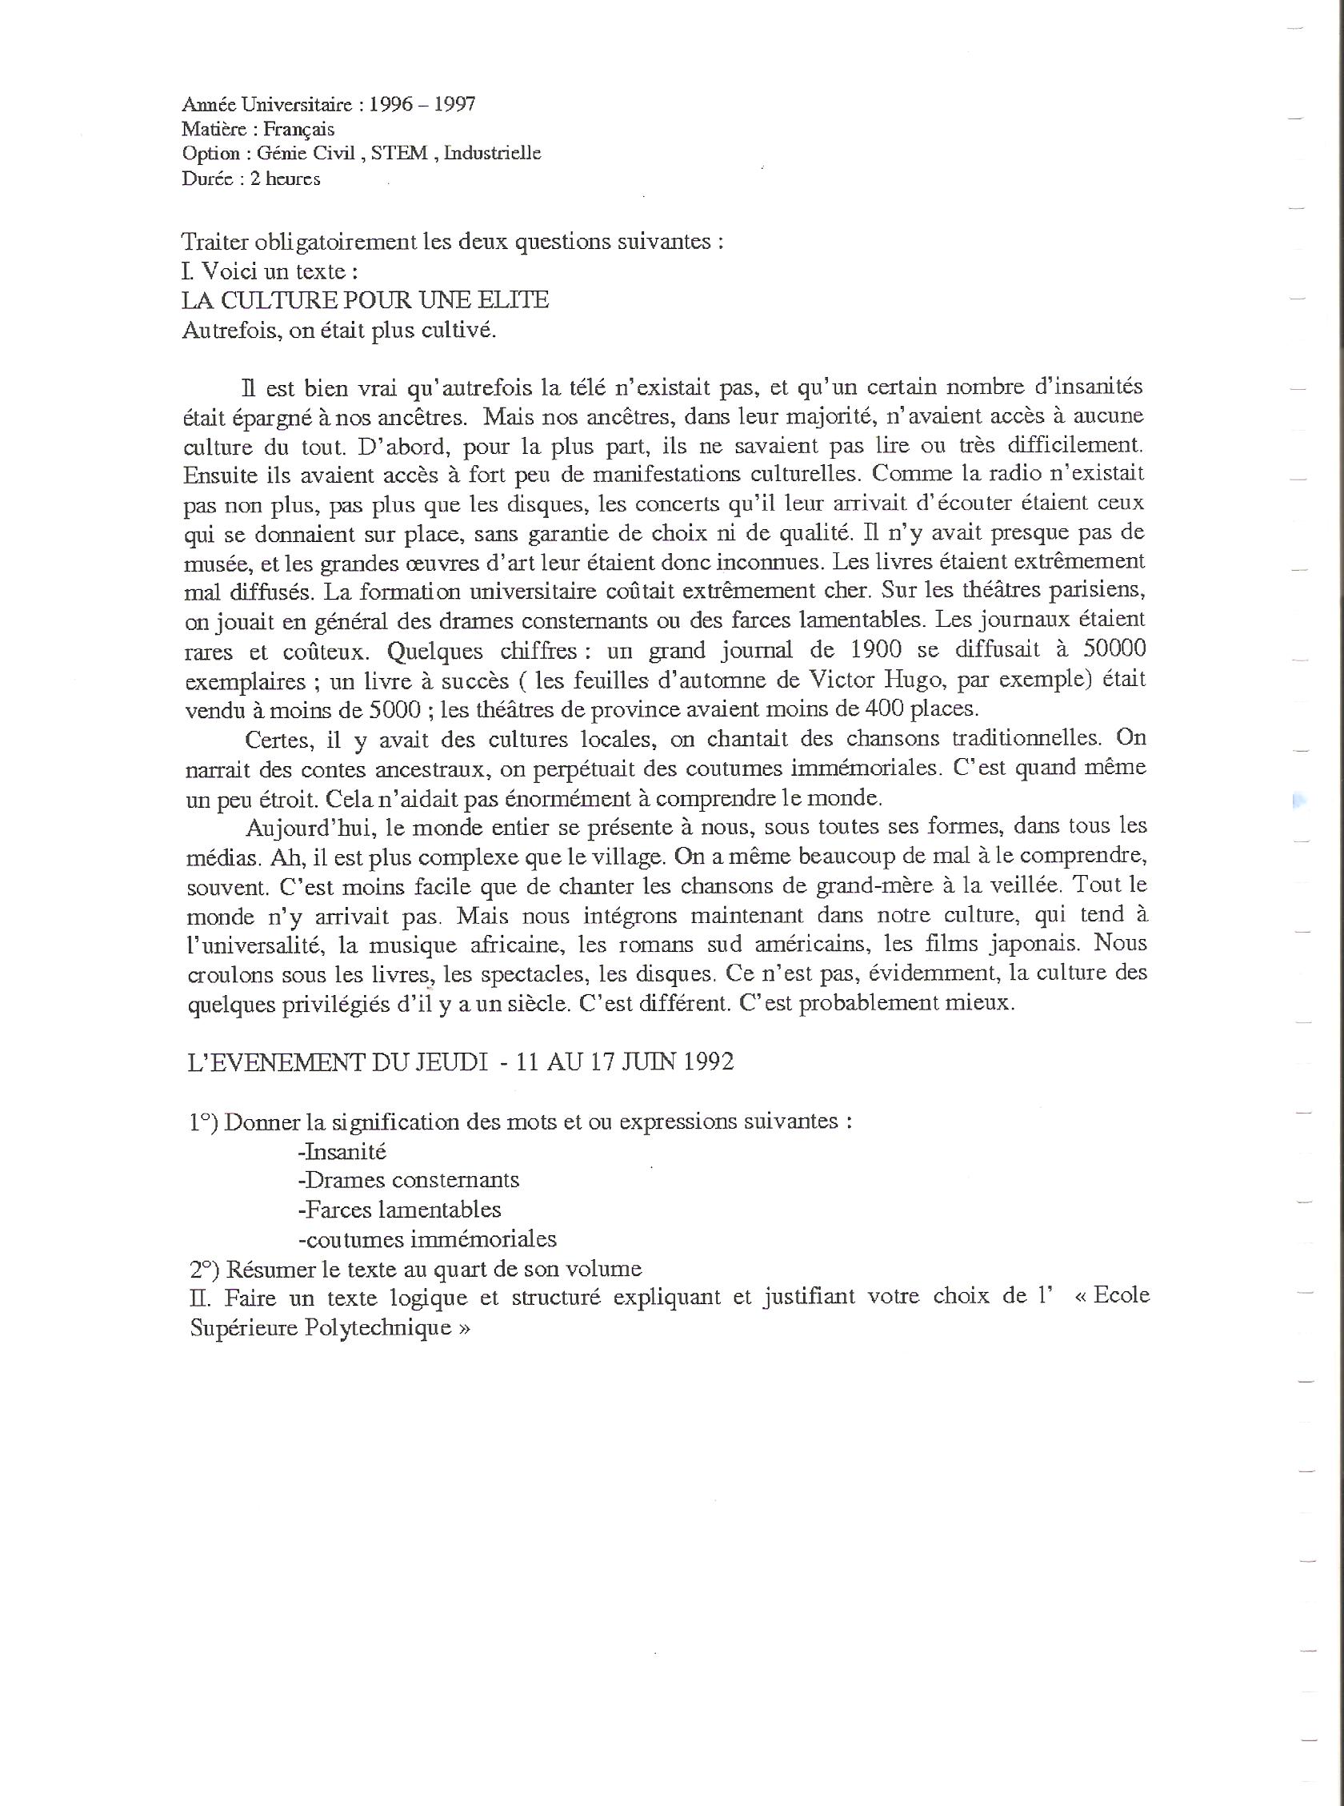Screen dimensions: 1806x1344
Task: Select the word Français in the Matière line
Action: [x=298, y=130]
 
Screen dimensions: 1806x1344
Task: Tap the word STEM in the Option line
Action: [x=398, y=154]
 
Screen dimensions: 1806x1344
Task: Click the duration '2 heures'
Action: [x=285, y=179]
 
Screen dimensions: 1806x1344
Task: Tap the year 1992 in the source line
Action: [x=706, y=1063]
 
